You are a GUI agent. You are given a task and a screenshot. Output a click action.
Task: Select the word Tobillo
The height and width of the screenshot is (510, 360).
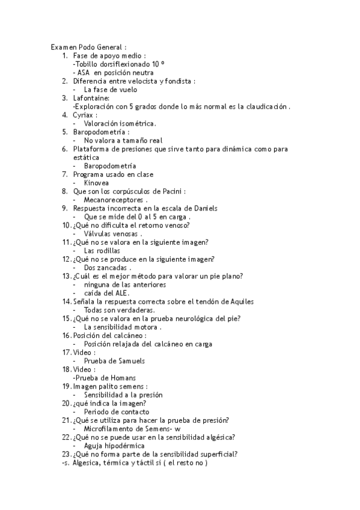[86, 64]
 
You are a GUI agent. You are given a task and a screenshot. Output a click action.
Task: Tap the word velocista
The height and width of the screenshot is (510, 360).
[140, 81]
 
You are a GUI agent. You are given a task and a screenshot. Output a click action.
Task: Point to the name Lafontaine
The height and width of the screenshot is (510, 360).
[91, 98]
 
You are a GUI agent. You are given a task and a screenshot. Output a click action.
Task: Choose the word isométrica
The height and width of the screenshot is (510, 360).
[137, 123]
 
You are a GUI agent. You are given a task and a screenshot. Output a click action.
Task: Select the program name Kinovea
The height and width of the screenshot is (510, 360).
[97, 182]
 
